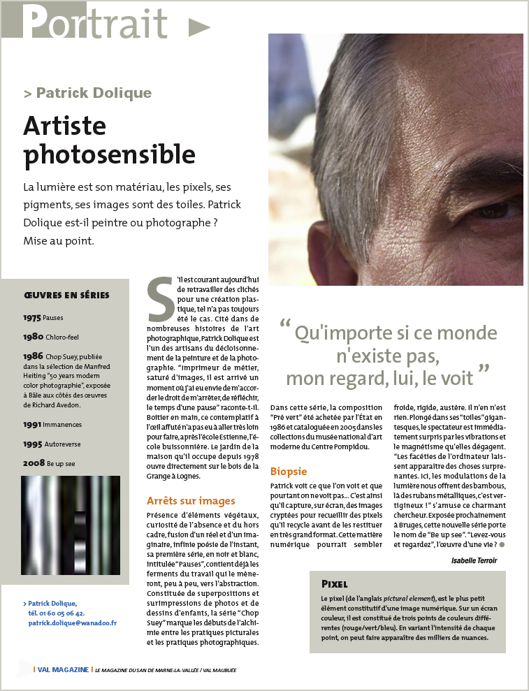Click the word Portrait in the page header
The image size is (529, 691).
tap(95, 22)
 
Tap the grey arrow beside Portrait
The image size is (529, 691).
tap(199, 27)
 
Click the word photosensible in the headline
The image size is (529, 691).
tap(109, 154)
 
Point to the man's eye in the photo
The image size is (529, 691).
tap(504, 209)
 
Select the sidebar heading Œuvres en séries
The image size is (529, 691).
tap(66, 295)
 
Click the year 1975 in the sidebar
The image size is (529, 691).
tap(32, 317)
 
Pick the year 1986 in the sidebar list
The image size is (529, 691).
tap(34, 356)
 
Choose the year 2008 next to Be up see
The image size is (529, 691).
tap(34, 463)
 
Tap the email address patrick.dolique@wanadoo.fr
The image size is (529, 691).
tap(73, 623)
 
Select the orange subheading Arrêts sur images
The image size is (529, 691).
tap(191, 500)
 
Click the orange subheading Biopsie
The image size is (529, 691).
tap(289, 472)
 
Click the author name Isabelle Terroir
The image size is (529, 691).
tap(474, 560)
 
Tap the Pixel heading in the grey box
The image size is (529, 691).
tap(335, 583)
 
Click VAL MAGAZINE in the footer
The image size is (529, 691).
tap(63, 669)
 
